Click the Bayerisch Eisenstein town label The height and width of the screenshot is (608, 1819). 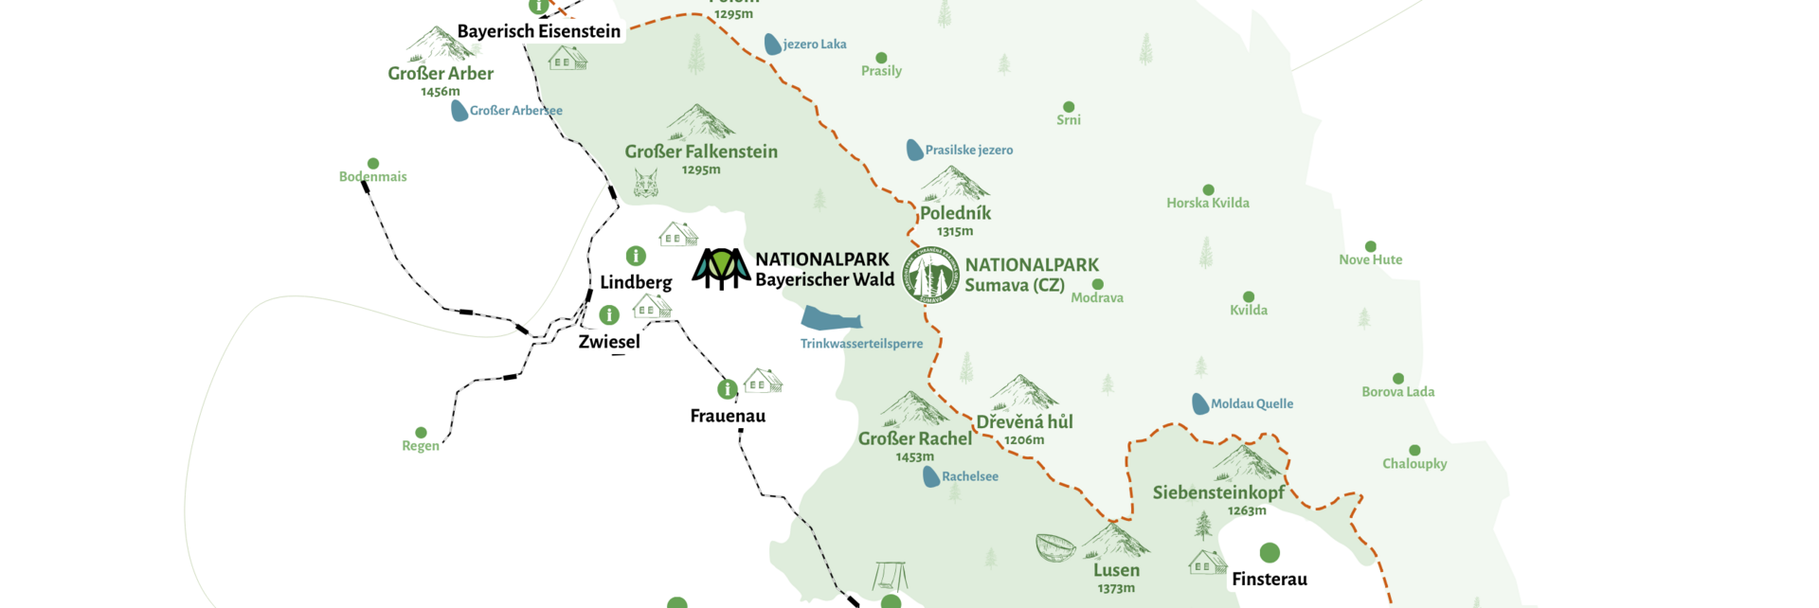click(x=538, y=31)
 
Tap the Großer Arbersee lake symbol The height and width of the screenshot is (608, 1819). click(x=459, y=111)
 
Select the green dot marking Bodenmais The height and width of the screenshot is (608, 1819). click(x=373, y=164)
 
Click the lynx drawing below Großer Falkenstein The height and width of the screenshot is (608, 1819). click(x=646, y=183)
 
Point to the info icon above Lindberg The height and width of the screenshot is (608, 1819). click(x=636, y=256)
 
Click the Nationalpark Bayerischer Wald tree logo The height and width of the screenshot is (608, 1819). click(x=722, y=269)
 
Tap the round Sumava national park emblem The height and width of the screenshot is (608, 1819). click(x=930, y=276)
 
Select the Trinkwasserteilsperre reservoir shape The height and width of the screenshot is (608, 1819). click(x=830, y=318)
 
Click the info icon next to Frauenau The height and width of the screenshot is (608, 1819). click(x=727, y=388)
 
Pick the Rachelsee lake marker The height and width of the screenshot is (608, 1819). click(x=931, y=476)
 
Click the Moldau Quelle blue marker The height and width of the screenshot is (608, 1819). click(x=1199, y=403)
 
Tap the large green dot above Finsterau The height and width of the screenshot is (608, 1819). click(x=1270, y=552)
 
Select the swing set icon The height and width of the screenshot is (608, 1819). click(x=890, y=576)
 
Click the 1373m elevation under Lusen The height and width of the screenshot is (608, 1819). click(x=1116, y=588)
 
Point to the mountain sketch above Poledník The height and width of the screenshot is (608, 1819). click(x=954, y=184)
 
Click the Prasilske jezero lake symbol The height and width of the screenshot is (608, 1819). click(x=914, y=150)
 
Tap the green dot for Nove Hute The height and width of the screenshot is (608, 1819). click(x=1370, y=246)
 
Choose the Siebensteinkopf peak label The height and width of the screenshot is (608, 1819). click(x=1218, y=492)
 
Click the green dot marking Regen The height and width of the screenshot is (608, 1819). click(x=421, y=433)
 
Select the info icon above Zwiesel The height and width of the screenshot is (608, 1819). click(x=609, y=314)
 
